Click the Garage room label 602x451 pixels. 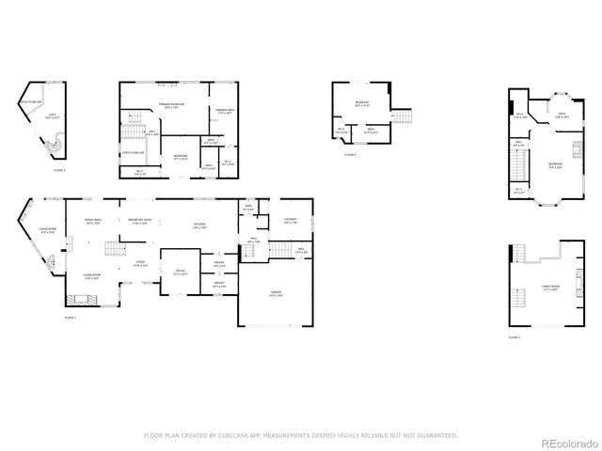[275, 294]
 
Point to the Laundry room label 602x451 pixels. [289, 221]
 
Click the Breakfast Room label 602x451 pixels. [141, 223]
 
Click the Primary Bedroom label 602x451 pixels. [170, 106]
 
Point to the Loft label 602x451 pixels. [53, 116]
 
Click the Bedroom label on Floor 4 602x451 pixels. [361, 104]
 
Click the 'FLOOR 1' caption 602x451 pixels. [71, 318]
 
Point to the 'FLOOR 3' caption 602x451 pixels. [515, 336]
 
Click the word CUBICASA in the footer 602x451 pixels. [226, 436]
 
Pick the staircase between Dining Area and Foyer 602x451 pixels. [113, 249]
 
